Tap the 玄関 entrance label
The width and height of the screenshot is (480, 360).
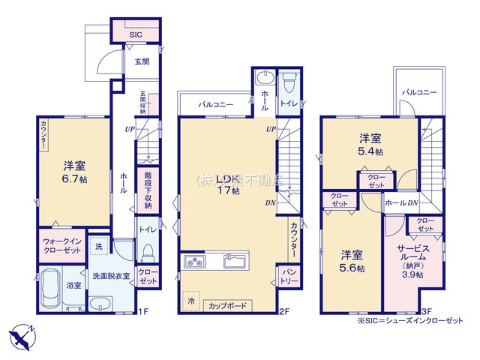coord(142,61)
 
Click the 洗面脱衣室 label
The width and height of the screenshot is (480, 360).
coord(111,276)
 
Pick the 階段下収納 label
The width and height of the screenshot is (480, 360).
coord(147,190)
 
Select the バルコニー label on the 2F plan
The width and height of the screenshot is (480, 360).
coord(216,105)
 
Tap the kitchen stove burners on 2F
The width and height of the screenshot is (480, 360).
coord(194,262)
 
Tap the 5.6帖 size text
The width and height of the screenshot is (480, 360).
coord(352,268)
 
